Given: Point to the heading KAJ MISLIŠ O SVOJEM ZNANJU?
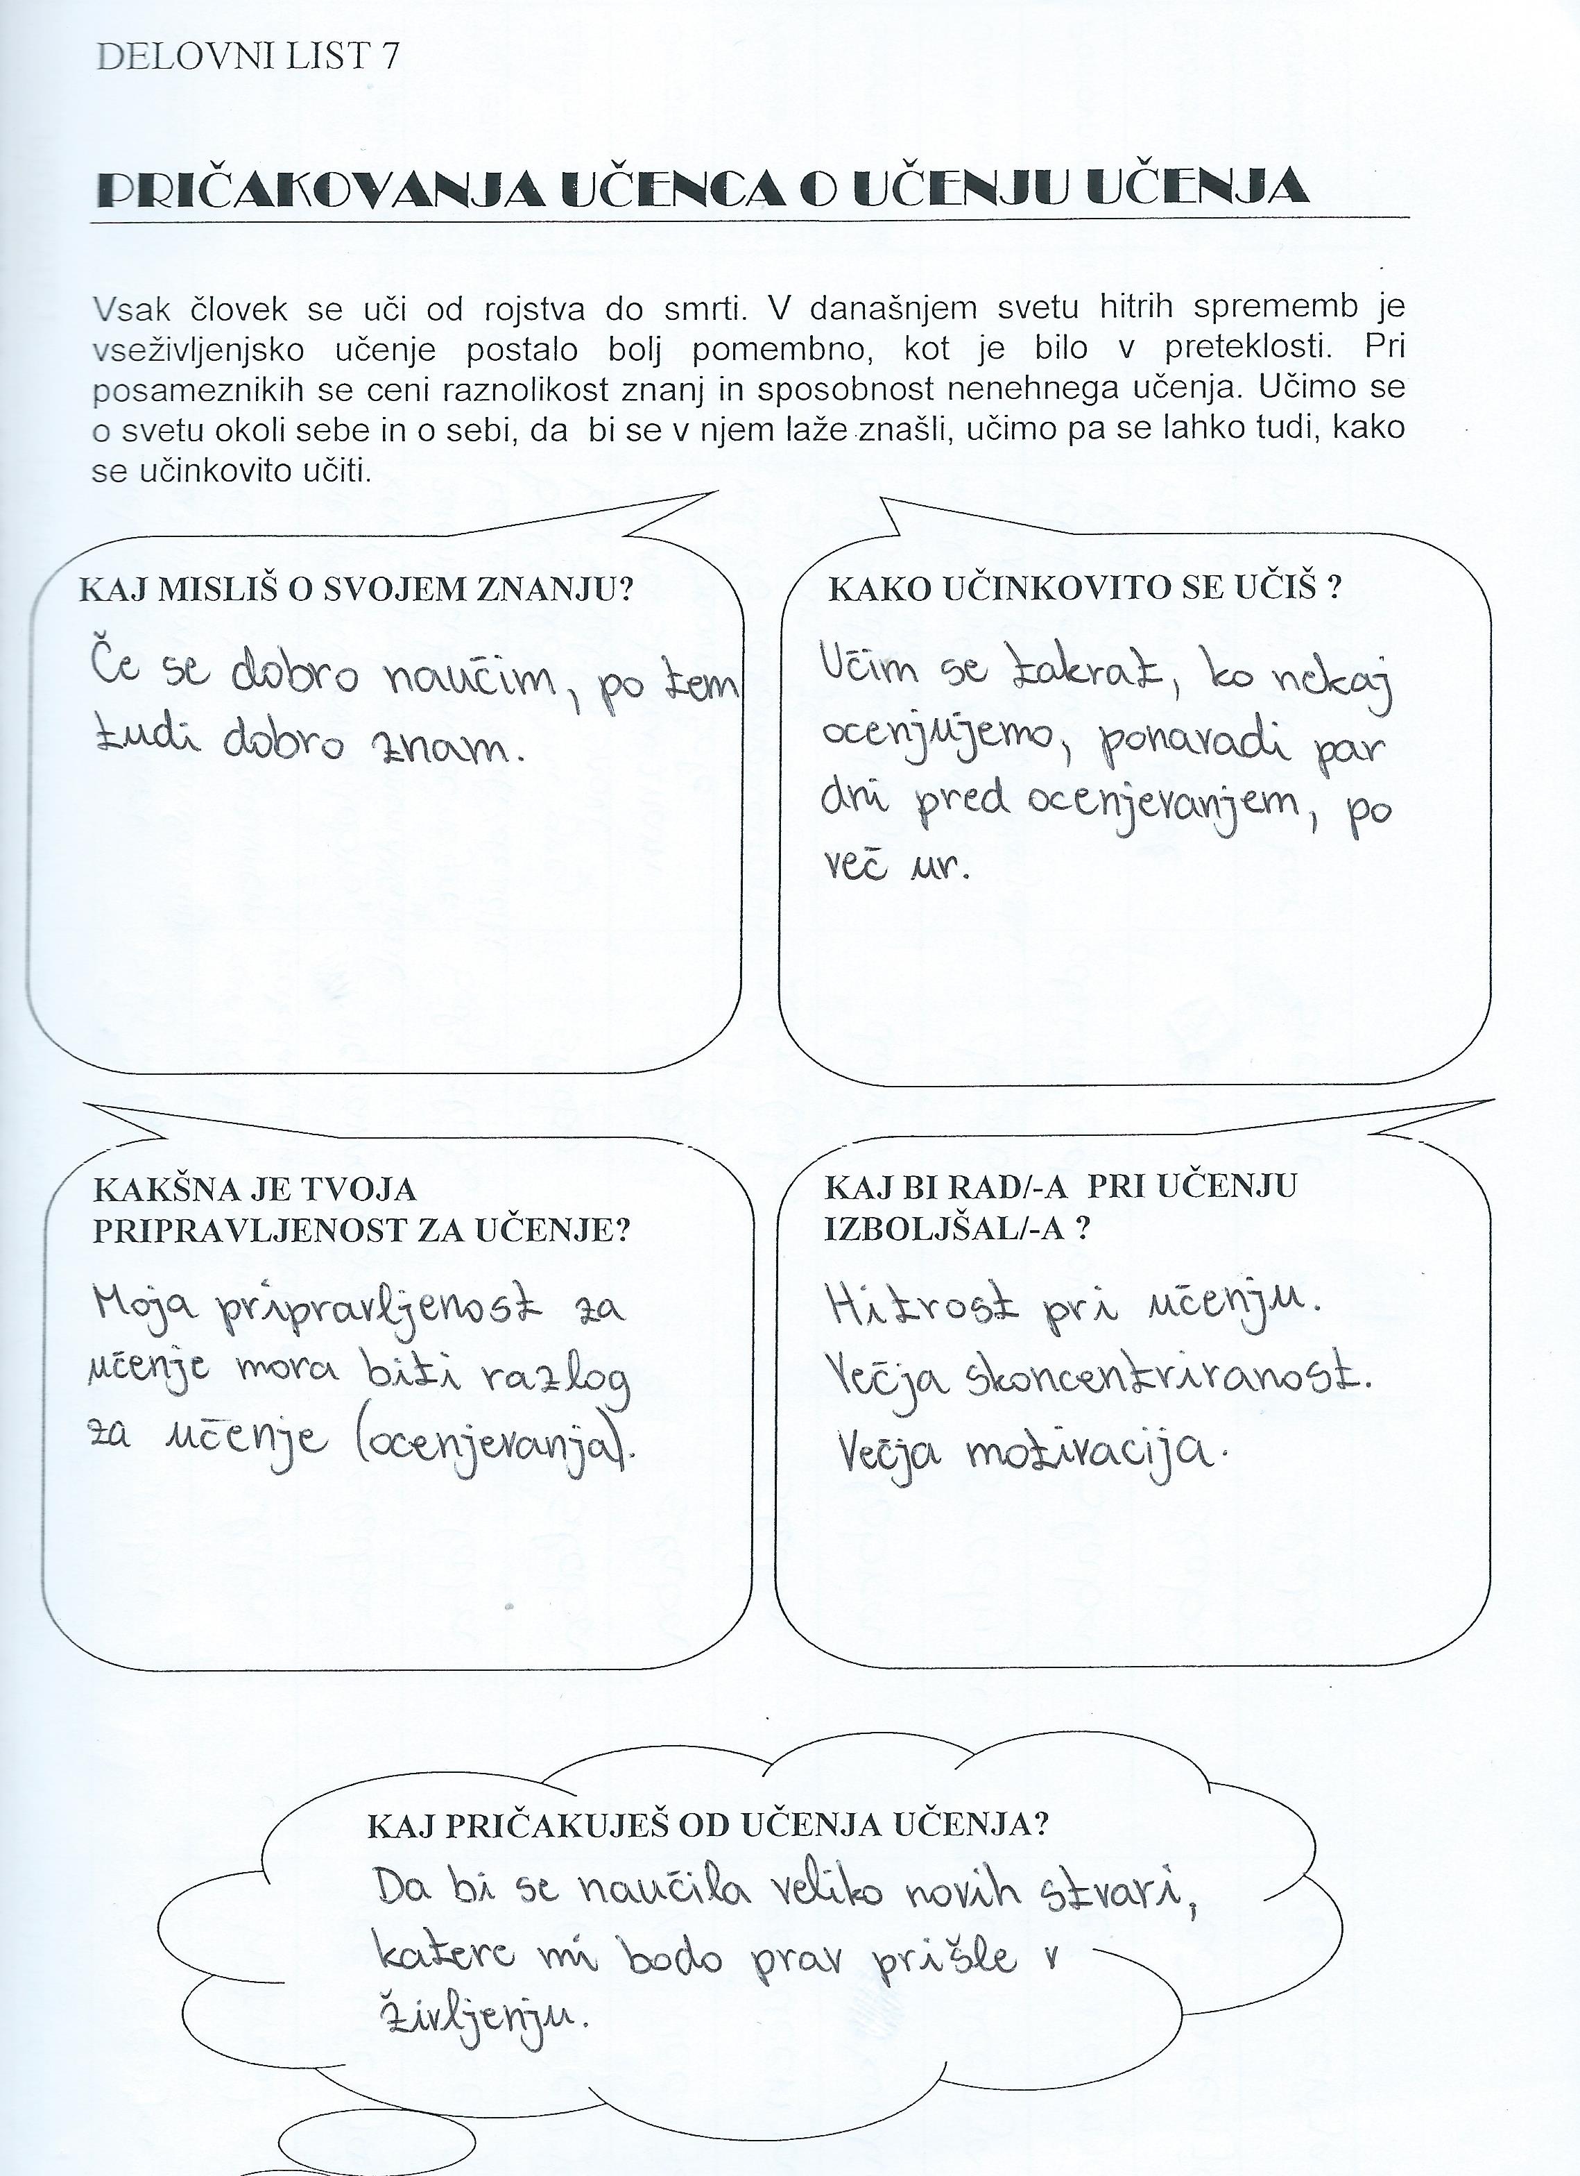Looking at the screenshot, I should [356, 588].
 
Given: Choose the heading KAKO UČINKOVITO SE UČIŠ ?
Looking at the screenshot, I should [1084, 588].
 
